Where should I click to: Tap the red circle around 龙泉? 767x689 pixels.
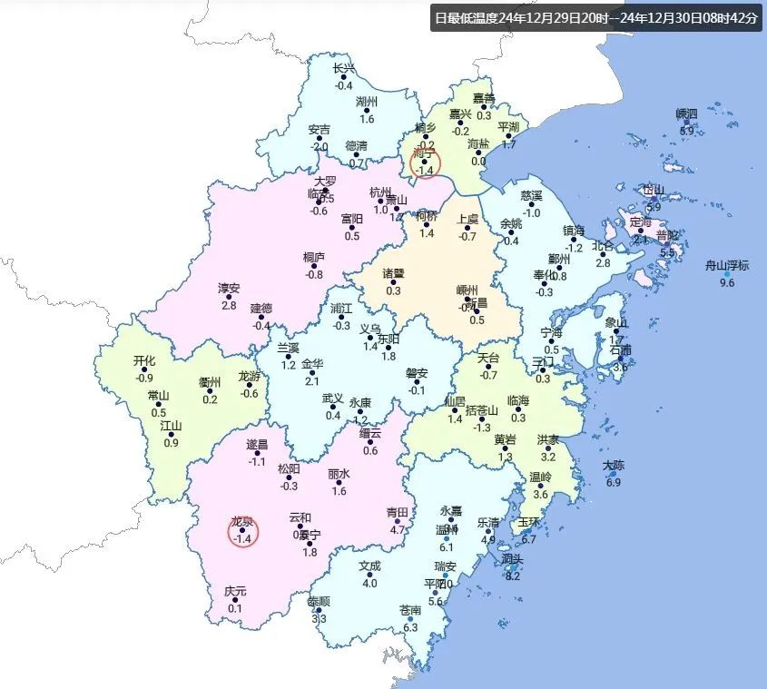tap(242, 531)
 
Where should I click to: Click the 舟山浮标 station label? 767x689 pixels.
tap(727, 266)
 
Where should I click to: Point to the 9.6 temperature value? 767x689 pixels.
tap(727, 283)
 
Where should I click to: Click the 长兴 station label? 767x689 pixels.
tap(344, 69)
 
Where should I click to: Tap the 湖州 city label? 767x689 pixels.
tap(367, 102)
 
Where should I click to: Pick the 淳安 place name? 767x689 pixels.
tap(229, 289)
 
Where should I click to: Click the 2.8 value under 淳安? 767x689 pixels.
tap(229, 305)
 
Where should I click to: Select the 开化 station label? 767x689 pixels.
tap(144, 360)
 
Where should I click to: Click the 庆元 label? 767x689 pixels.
tap(235, 592)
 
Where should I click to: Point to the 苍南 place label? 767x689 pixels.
tap(410, 611)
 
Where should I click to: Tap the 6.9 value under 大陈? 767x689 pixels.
tap(614, 482)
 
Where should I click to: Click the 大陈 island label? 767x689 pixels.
tap(614, 466)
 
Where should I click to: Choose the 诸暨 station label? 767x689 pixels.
tap(393, 273)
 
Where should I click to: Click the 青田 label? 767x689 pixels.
tap(398, 513)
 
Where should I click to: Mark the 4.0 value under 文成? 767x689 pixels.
tap(369, 583)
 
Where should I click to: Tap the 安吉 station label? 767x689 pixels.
tap(320, 130)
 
